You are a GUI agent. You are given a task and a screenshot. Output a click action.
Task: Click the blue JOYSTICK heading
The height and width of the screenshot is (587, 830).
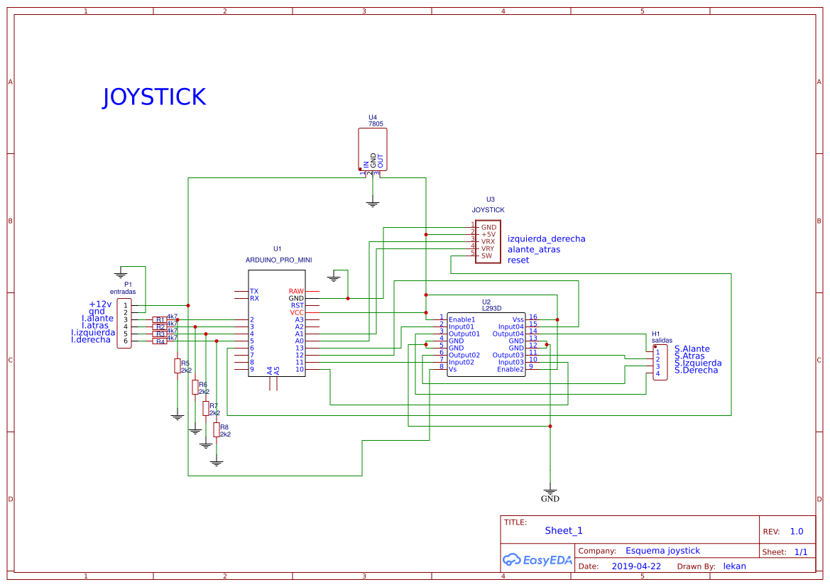coord(154,97)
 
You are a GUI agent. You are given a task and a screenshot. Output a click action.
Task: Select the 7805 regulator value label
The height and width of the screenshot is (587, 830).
coord(376,124)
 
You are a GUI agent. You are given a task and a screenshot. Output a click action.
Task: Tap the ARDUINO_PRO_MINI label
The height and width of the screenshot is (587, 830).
coord(278,260)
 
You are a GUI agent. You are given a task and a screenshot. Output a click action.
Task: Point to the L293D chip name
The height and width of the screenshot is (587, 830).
coord(491,309)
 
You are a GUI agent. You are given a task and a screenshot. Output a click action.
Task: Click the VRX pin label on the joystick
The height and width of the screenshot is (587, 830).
coord(488,241)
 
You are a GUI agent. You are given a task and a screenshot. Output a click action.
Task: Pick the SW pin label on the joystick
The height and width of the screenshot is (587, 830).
coord(486,256)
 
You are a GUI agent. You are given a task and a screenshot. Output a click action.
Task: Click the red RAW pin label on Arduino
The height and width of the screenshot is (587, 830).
coord(296,292)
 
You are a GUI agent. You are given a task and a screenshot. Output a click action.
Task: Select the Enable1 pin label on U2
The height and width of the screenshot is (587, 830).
coord(462,319)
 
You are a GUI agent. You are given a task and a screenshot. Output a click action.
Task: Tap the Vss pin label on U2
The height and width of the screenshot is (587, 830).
coord(518,319)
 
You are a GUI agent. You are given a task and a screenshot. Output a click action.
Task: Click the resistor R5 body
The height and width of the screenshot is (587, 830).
coord(177,366)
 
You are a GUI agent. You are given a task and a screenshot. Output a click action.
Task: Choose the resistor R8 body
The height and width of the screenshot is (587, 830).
coord(217,429)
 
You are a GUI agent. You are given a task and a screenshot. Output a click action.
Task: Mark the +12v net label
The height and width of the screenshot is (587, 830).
coord(100,304)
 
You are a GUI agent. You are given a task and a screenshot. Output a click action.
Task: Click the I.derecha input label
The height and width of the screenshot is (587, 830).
coord(91,340)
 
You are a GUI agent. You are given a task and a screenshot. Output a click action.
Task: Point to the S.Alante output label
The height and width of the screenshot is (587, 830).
coord(692,349)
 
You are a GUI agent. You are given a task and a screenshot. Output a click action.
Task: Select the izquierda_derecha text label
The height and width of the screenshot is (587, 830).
coord(547,239)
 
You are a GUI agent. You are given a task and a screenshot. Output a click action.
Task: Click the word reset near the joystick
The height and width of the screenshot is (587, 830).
coord(518,260)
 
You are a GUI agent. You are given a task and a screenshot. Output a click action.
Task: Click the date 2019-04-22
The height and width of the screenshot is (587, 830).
coord(636,566)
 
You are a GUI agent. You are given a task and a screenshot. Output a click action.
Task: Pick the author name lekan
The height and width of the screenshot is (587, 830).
coord(734,566)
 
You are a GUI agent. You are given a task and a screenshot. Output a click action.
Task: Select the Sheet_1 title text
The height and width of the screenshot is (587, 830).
coord(564,530)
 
